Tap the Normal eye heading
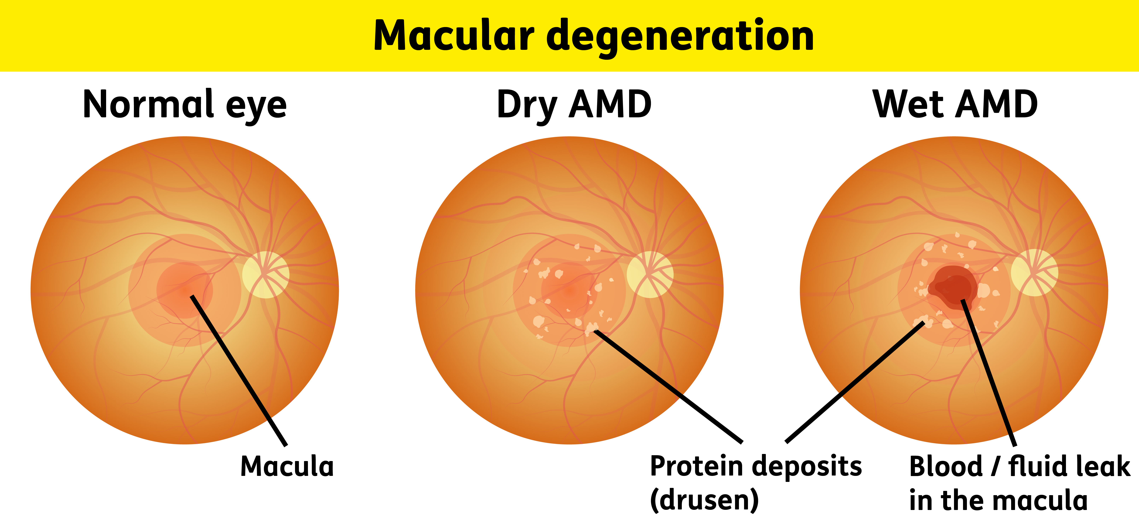185,105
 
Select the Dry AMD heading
574,105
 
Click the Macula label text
287,467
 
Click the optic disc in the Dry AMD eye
650,274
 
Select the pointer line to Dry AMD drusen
668,385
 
